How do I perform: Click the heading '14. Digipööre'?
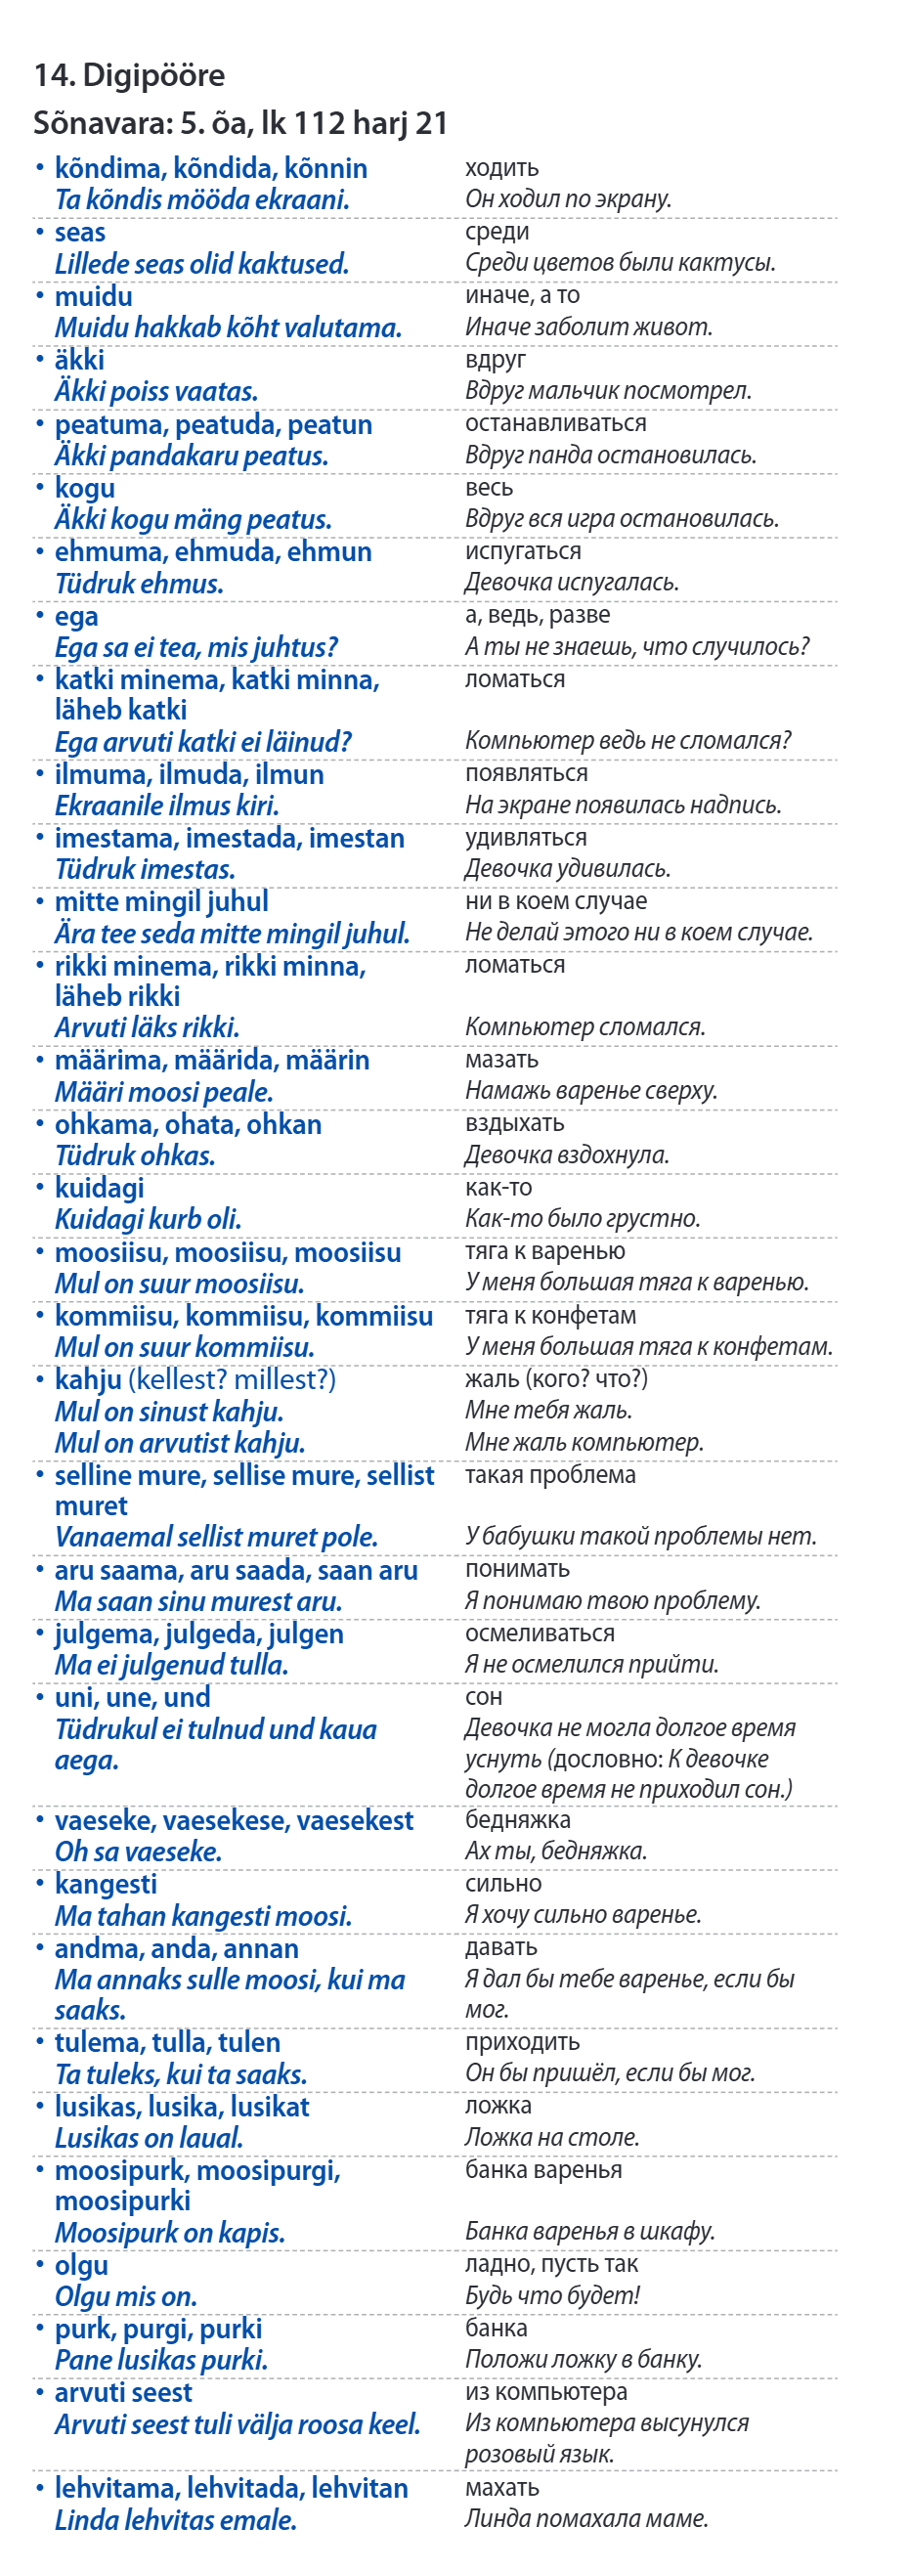130,75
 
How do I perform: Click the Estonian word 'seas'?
80,233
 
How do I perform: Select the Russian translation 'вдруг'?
495,360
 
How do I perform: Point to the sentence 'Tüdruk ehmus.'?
139,584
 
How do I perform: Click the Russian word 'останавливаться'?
555,423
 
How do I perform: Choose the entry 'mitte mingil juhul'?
161,902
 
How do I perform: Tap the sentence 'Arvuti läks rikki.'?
147,1028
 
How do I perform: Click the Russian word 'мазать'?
500,1060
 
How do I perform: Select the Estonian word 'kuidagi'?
99,1189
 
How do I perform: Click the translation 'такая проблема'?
549,1475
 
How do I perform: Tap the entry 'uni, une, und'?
133,1698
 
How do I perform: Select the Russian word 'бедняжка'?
518,1820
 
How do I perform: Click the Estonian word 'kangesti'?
106,1885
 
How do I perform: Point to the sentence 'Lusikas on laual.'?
149,2138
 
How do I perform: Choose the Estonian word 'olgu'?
81,2266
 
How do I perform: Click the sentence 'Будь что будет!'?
552,2295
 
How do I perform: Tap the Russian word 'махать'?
501,2488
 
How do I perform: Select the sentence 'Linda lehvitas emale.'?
176,2520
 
